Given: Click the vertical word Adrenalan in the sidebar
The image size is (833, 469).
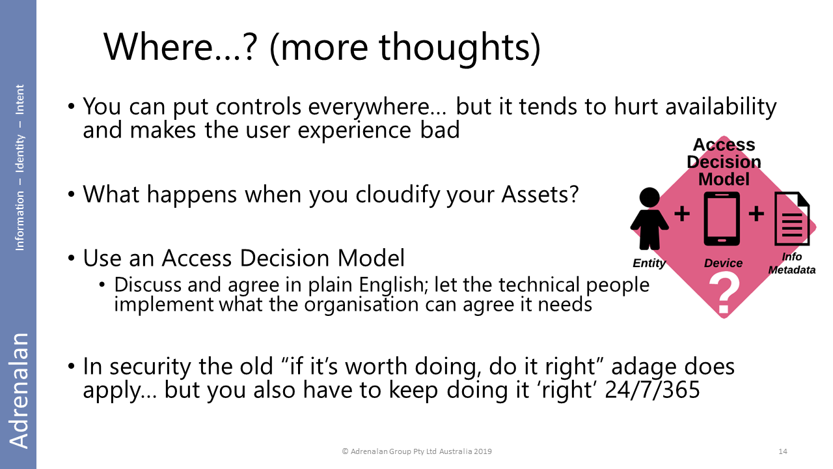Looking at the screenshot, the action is (19, 391).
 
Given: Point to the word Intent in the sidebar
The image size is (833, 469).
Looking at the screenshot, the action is (20, 100).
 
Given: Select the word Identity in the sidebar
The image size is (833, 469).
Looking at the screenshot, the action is (20, 154).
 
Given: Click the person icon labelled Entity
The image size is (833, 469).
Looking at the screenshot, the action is (649, 218).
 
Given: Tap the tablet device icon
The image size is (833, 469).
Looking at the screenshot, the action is (722, 219).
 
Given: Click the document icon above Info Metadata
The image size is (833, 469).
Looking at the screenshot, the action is (792, 218).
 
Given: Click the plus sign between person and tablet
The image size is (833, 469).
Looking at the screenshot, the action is (682, 214).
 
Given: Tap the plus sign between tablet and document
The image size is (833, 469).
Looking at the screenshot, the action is (756, 214).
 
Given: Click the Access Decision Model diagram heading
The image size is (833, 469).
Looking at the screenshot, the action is (724, 162).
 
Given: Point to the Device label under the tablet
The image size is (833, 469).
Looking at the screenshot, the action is (723, 263).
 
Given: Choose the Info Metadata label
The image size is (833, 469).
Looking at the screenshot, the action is (792, 263).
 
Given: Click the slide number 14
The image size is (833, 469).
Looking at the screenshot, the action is (783, 451).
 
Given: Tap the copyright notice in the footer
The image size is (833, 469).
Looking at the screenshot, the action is (417, 451).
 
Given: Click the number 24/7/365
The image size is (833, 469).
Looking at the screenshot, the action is (652, 390).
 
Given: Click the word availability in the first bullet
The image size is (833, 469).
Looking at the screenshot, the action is (720, 107).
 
